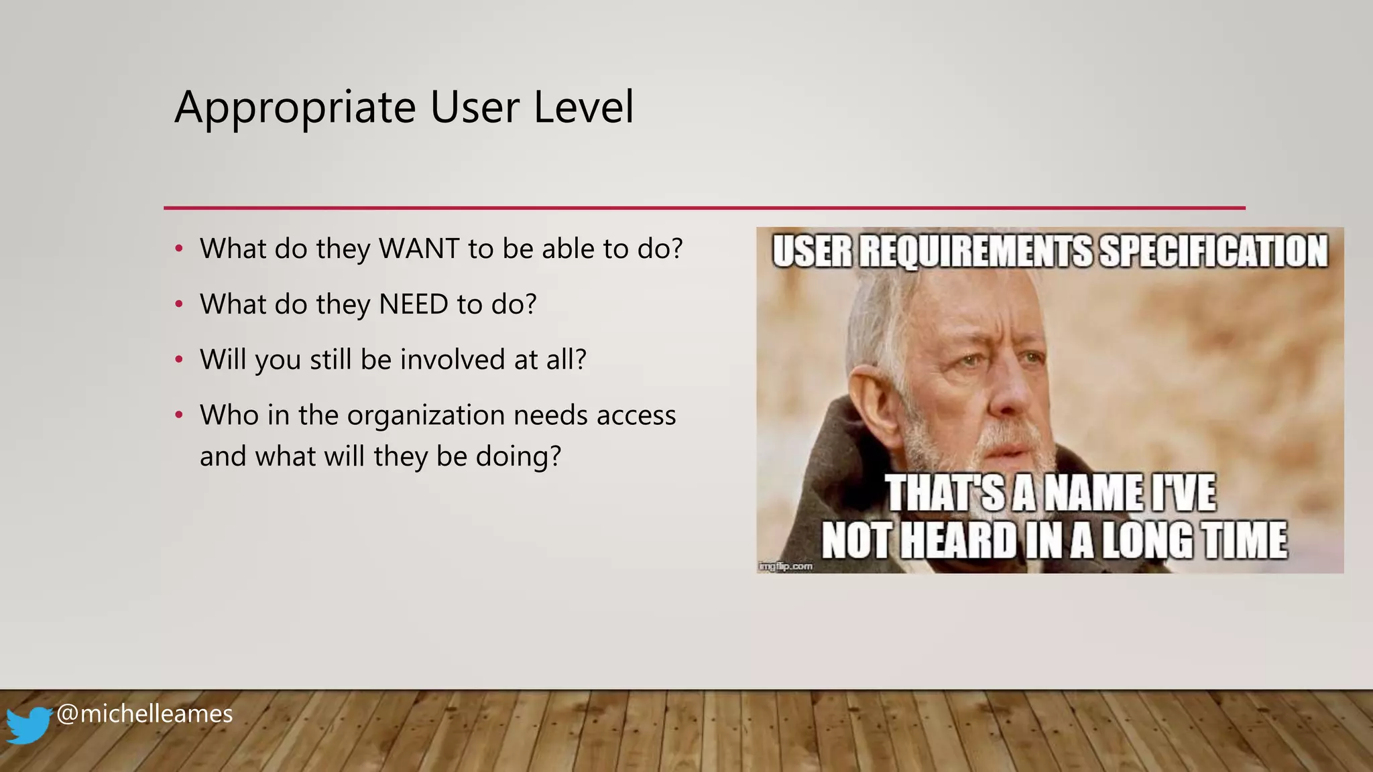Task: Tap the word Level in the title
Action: [583, 107]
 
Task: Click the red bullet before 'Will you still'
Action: [178, 360]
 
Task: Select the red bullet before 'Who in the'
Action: [178, 415]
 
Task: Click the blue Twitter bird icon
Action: [28, 725]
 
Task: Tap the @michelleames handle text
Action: [144, 714]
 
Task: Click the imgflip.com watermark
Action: [785, 566]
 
